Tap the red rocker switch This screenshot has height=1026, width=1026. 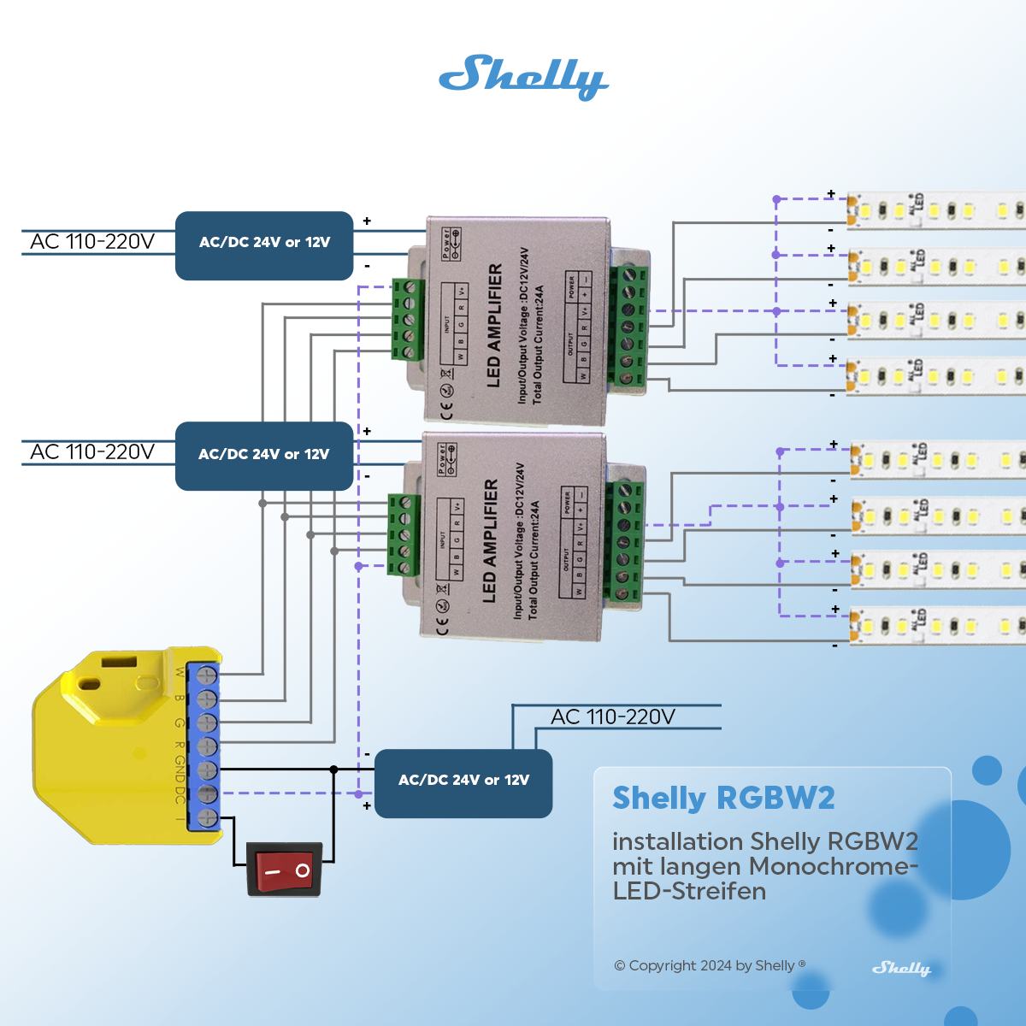[x=284, y=870]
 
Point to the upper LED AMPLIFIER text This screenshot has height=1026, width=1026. [x=494, y=325]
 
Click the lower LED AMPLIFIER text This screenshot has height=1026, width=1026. [x=490, y=540]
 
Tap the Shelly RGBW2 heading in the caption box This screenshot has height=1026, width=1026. [x=723, y=799]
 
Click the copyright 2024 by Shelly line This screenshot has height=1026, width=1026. [x=710, y=965]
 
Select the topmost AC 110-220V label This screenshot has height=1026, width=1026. [x=92, y=242]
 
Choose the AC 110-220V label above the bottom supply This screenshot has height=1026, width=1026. [x=613, y=716]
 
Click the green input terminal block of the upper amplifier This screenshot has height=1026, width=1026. [x=409, y=319]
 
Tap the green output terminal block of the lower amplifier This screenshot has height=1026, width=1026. [x=623, y=540]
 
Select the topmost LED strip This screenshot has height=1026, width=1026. [x=936, y=210]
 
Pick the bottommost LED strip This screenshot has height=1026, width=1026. [x=938, y=626]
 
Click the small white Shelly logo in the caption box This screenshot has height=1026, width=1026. [x=901, y=968]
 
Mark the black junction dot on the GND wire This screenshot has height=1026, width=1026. [x=333, y=769]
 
